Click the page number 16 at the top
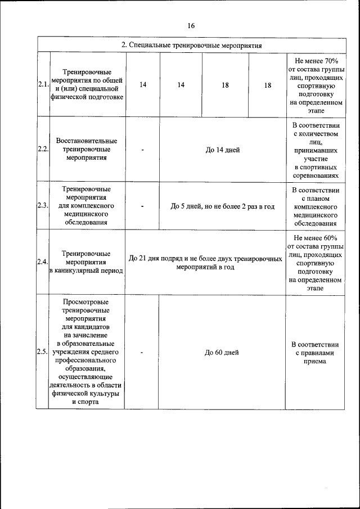[191, 26]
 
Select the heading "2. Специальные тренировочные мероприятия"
[191, 45]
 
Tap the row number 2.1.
[43, 84]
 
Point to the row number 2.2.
[43, 150]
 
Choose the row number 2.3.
[43, 206]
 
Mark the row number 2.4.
[43, 262]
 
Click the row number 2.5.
[43, 352]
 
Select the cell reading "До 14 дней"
[222, 150]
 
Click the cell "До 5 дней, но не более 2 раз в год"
[222, 206]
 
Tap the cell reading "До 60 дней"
[222, 352]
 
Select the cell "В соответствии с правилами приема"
[315, 353]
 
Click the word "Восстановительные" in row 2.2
[87, 141]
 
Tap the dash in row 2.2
[143, 150]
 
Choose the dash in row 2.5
[142, 353]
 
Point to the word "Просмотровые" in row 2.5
[87, 302]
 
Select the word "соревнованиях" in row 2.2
[315, 176]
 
